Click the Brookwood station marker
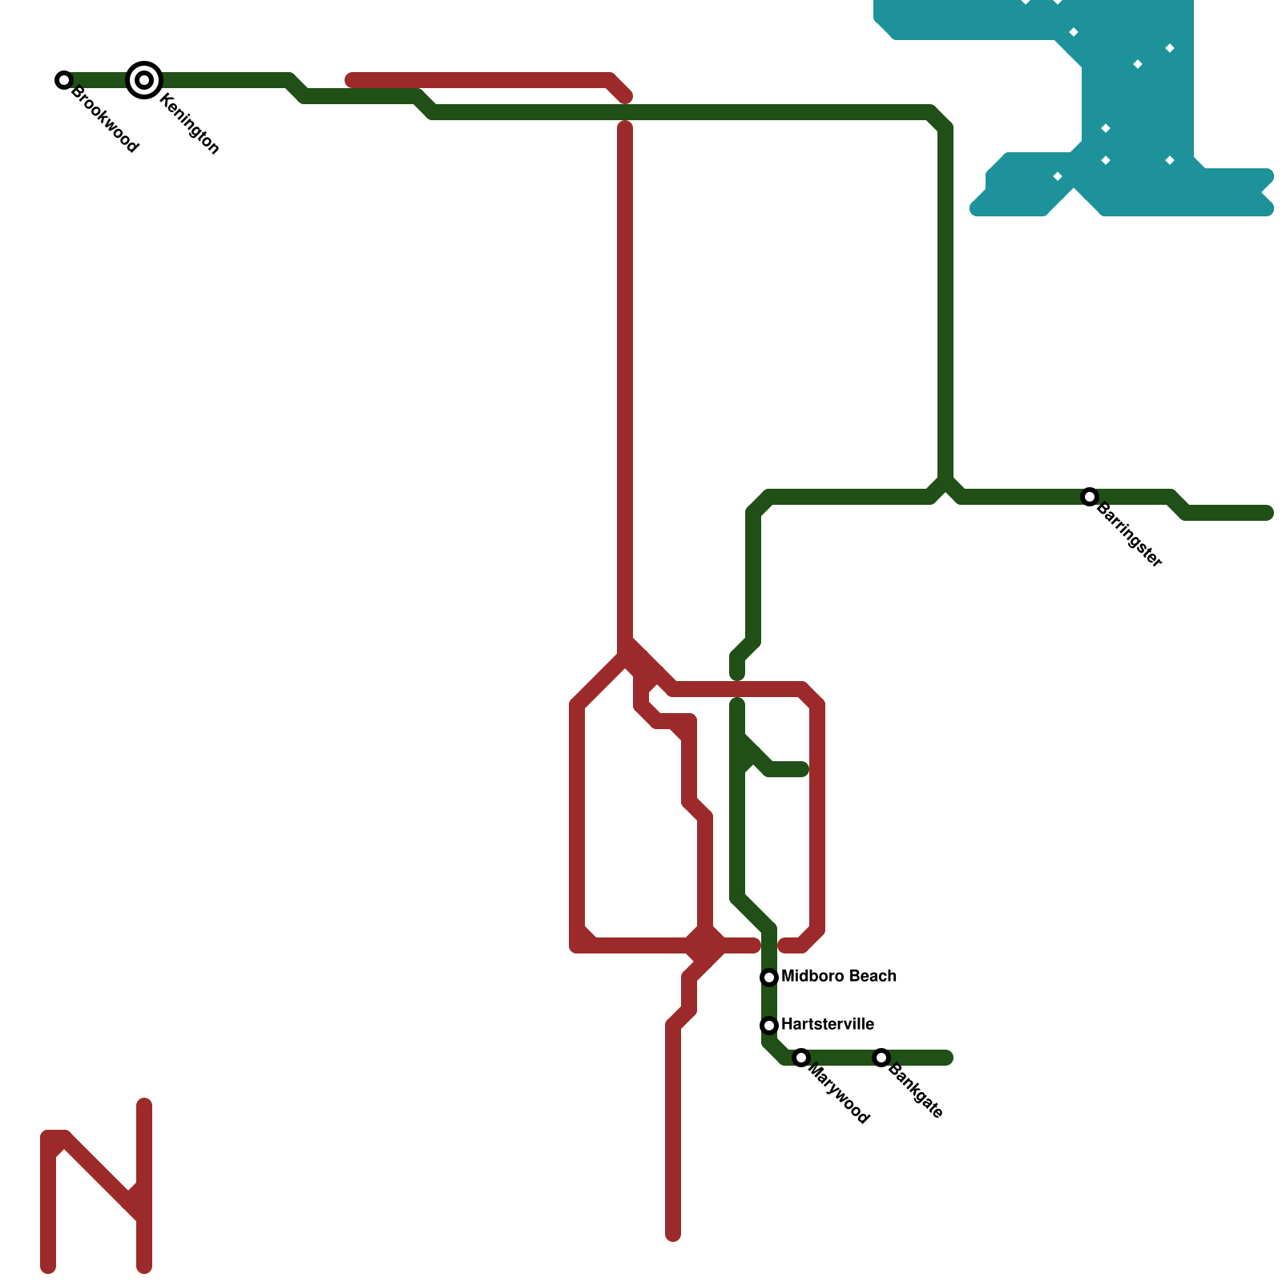(64, 80)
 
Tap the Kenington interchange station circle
(144, 80)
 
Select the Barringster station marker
(1089, 497)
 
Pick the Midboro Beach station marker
(769, 977)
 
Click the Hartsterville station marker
(769, 1025)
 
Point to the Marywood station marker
(801, 1058)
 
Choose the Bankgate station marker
(881, 1058)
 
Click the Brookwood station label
(105, 119)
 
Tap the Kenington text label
(189, 123)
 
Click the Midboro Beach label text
(838, 976)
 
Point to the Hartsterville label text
(827, 1024)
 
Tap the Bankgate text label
(915, 1091)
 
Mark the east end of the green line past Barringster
(1268, 513)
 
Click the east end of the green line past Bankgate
(947, 1058)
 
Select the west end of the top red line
(351, 80)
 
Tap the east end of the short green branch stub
(803, 770)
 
